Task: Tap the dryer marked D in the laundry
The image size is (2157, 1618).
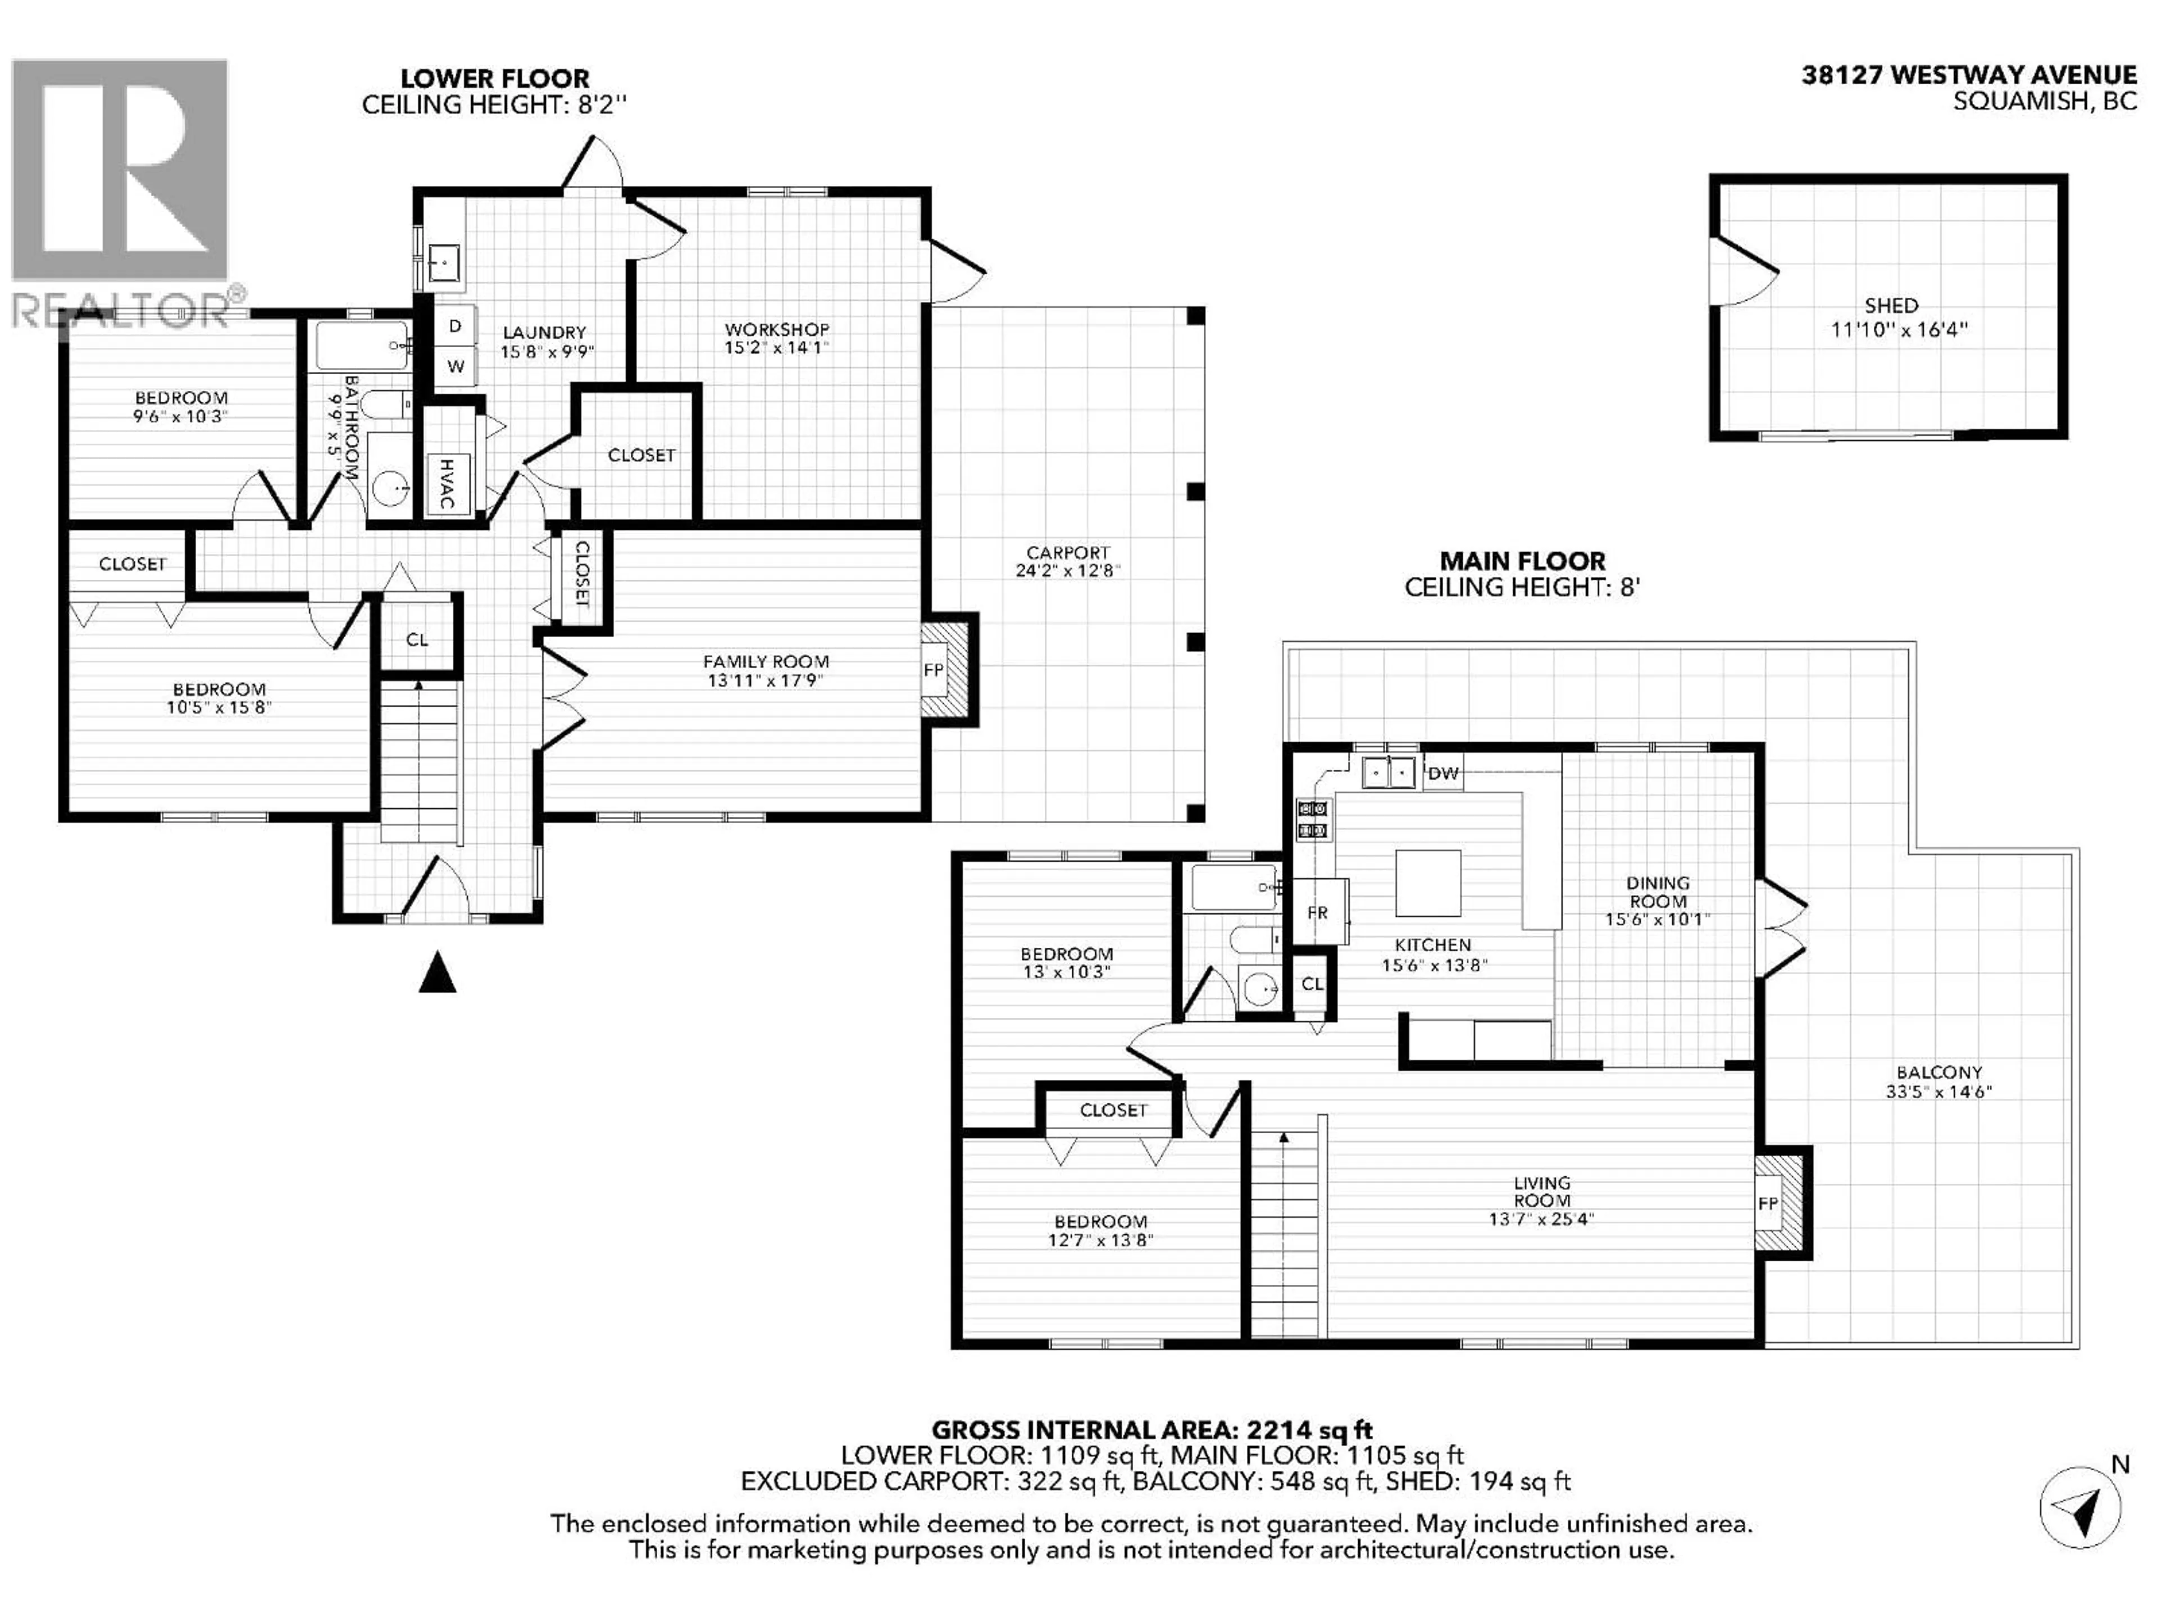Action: point(454,327)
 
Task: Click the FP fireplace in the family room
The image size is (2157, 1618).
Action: point(933,670)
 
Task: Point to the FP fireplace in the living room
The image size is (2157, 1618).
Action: point(1768,1203)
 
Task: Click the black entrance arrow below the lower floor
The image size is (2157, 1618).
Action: point(437,972)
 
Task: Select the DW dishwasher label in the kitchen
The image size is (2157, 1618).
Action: point(1443,774)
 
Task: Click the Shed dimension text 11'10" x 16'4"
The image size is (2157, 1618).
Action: point(1899,330)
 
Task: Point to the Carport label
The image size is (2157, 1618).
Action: point(1068,552)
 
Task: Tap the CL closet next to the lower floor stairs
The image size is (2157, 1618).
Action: point(417,640)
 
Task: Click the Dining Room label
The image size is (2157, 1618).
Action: point(1658,892)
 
